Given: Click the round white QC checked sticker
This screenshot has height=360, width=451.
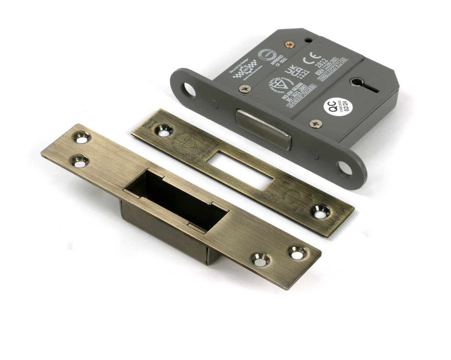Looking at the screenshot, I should coord(338,107).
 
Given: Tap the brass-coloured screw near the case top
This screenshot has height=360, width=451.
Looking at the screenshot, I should coord(290,44).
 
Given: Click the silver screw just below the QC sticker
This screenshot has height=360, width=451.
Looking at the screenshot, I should coord(316,123).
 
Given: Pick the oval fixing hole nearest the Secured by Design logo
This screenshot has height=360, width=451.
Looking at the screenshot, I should coord(189,90).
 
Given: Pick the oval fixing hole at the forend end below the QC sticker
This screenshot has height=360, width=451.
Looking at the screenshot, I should coord(344,168).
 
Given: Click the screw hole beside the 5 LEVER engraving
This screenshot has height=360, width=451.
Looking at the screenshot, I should coord(320,211).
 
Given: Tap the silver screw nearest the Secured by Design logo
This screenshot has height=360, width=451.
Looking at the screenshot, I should coord(244,88).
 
